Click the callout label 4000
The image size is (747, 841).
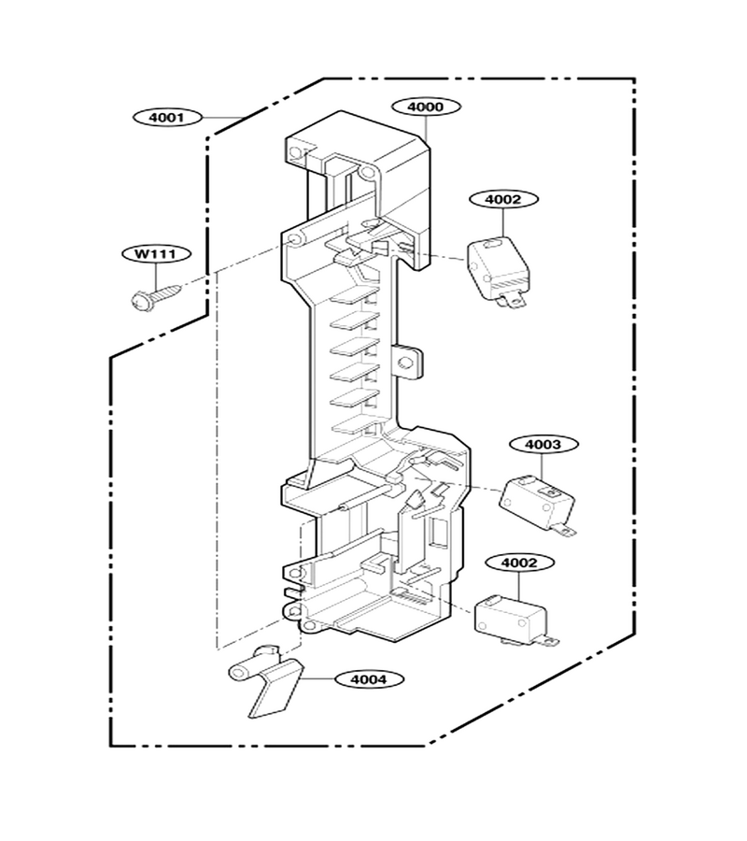tap(426, 107)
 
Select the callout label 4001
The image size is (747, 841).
tap(167, 117)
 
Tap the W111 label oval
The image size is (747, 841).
tap(156, 253)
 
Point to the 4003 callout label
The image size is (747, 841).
tap(543, 445)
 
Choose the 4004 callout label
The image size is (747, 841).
tap(369, 679)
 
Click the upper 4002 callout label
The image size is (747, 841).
tap(503, 199)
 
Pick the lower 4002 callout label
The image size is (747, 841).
tap(519, 563)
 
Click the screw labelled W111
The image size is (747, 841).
tap(156, 295)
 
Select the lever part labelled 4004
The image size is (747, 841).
tap(265, 680)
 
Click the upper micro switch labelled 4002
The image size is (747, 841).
tap(498, 272)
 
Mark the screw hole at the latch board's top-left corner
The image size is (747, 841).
tap(295, 153)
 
